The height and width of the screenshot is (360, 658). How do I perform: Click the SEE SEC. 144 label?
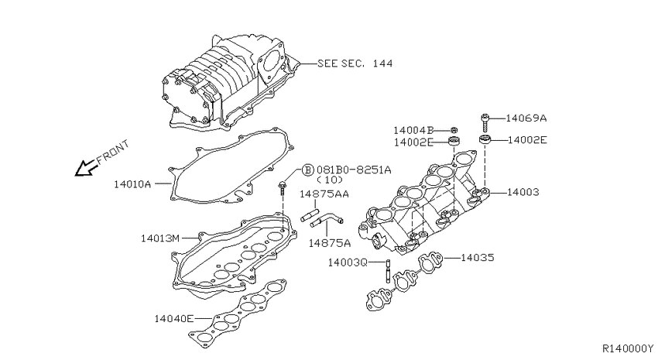(x=355, y=63)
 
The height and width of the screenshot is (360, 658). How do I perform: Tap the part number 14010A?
(x=132, y=184)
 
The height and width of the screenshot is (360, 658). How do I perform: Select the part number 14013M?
(x=160, y=238)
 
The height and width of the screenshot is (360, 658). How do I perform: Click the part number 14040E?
(x=173, y=319)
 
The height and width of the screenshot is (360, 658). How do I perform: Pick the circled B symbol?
(x=307, y=170)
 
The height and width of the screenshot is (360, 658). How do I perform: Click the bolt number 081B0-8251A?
(x=354, y=170)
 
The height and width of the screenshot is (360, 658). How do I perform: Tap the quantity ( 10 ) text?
(x=330, y=180)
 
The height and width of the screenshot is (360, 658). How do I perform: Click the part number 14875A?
(x=330, y=243)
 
